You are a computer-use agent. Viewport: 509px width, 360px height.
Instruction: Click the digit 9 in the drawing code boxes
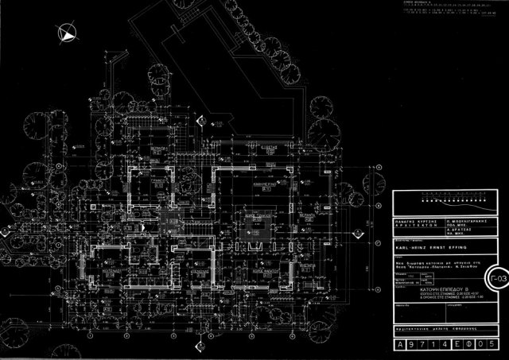(416, 346)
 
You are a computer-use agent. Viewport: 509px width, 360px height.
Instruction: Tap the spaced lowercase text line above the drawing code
(441, 327)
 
